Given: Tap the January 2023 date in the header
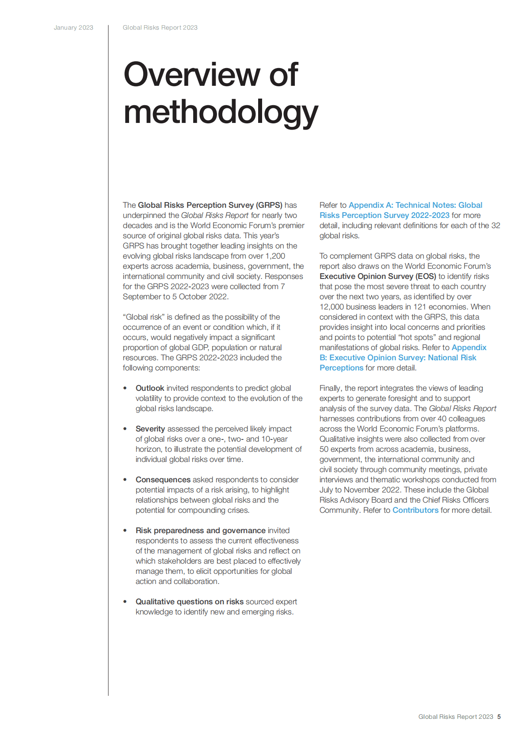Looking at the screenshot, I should pos(73,27).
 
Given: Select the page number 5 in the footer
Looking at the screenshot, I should pos(499,717).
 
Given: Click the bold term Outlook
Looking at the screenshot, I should pos(150,388).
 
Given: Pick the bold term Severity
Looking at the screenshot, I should pos(150,429).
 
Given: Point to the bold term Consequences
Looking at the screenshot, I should pos(163,480).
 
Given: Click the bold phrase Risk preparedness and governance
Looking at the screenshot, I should pos(201,530).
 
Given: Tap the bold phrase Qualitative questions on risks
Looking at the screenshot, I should pos(190,602).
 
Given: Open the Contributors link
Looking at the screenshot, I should pos(415,510).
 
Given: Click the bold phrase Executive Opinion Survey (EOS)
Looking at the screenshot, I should pos(378,276).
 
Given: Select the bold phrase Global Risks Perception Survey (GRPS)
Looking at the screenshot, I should pos(210,205).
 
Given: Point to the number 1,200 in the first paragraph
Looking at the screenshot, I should pos(275,256).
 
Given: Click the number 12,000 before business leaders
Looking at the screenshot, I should pos(330,307).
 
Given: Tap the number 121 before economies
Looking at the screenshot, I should pos(420,307).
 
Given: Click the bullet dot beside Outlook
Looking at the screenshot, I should pos(126,388).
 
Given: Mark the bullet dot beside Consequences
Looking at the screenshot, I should pos(126,480).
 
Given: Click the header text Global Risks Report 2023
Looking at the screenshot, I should pos(160,27).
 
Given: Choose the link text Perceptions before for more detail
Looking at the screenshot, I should pos(341,368).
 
